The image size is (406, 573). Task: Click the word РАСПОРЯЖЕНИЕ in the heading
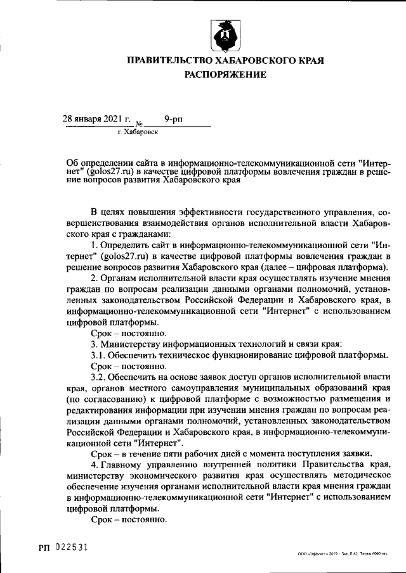point(226,75)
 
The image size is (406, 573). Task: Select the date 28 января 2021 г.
point(96,118)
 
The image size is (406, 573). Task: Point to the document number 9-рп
point(173,118)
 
